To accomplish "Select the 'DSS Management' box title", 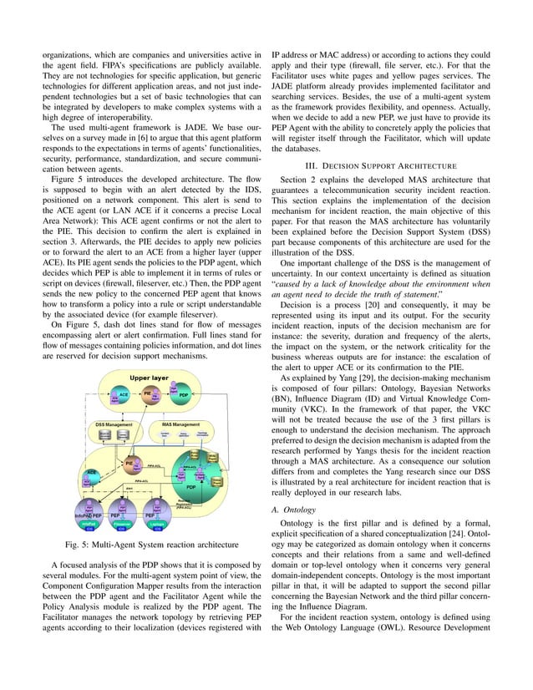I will pyautogui.click(x=112, y=424).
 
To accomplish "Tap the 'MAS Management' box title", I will pyautogui.click(x=180, y=424).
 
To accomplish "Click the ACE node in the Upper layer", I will pyautogui.click(x=123, y=394).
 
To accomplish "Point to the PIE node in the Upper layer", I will pyautogui.click(x=147, y=392).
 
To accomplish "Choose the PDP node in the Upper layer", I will pyautogui.click(x=182, y=394).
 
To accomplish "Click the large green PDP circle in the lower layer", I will pyautogui.click(x=191, y=485).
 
